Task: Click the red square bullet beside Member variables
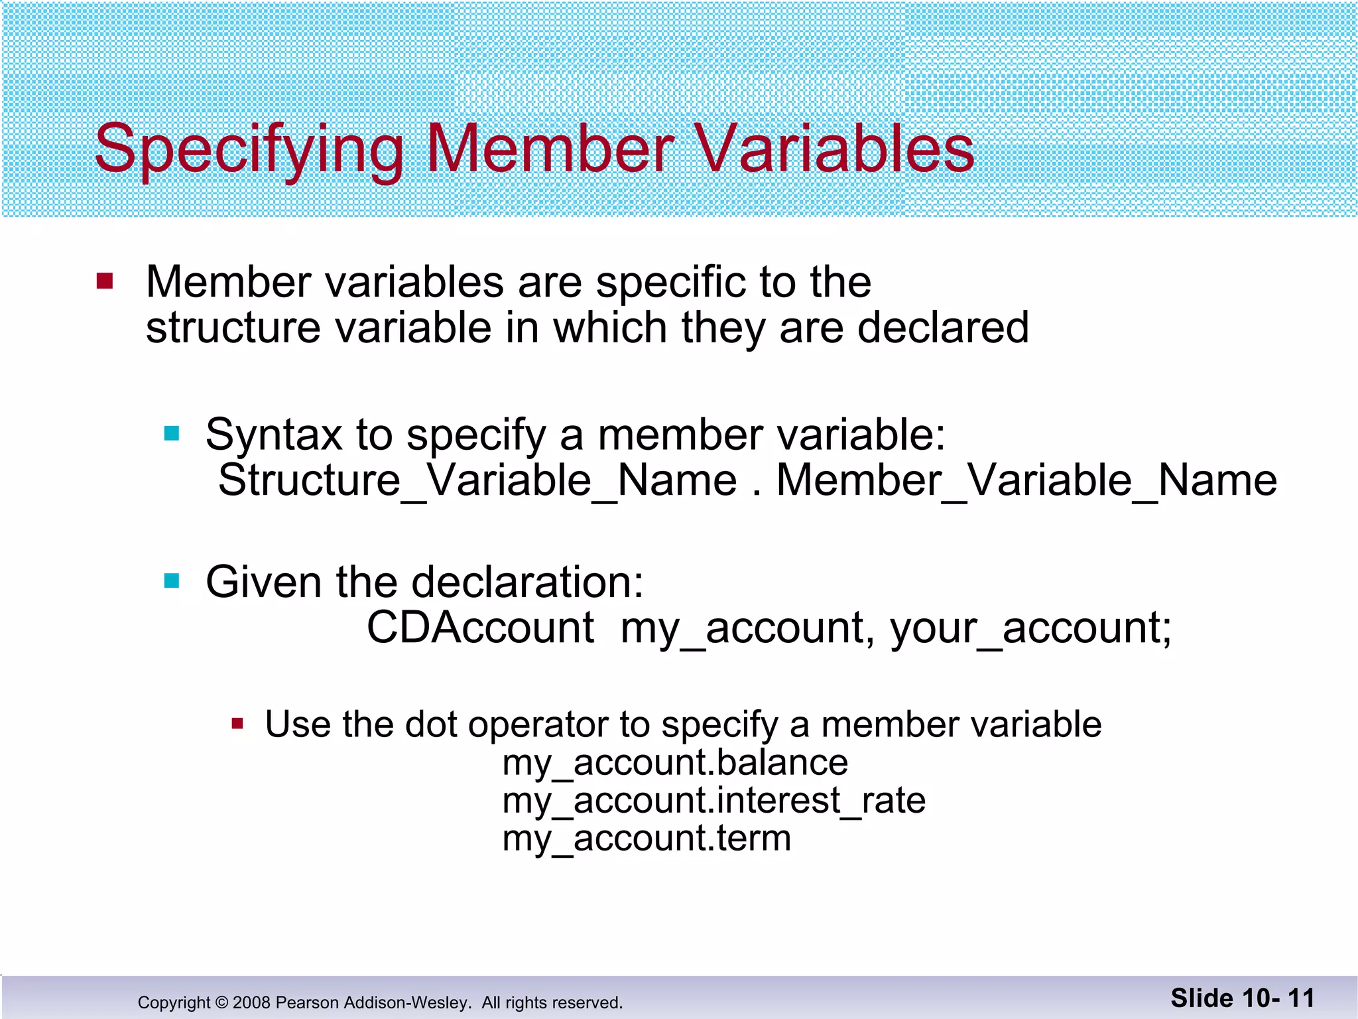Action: [x=105, y=281]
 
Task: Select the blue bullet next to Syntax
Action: [x=172, y=434]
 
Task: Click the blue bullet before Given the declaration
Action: [x=172, y=581]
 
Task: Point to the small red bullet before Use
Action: [x=237, y=723]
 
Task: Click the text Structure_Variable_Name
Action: [x=477, y=480]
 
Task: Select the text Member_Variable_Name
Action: [x=1026, y=480]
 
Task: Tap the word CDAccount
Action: [x=480, y=628]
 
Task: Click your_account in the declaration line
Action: [x=1030, y=628]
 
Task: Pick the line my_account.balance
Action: [x=675, y=762]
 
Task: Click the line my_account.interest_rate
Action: [x=713, y=800]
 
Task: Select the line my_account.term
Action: [x=647, y=838]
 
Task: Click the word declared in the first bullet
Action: [x=943, y=327]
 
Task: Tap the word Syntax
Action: [x=273, y=435]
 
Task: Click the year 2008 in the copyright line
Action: [x=251, y=1002]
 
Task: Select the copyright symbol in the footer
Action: [x=221, y=1002]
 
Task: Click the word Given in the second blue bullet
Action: [x=263, y=582]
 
